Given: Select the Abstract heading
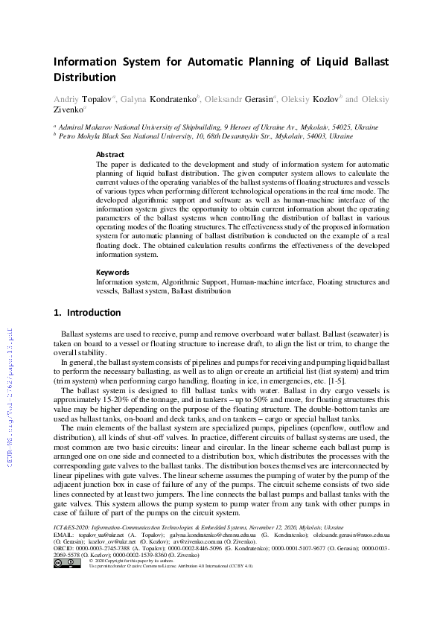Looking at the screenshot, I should (109, 155).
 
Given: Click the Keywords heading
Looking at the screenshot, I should (112, 273).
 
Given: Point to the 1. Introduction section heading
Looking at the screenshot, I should (87, 313).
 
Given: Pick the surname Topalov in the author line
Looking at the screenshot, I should (104, 98).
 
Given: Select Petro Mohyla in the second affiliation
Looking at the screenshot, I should (81, 137).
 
